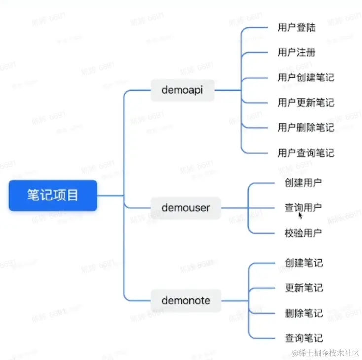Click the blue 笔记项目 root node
point(53,196)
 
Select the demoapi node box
point(182,90)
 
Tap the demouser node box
point(185,208)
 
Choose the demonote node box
point(185,300)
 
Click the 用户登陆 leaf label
point(296,27)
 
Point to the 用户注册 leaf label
point(296,52)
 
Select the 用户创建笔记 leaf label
point(306,78)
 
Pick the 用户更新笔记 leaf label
point(306,103)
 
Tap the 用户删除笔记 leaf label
point(306,128)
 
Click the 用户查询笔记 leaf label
point(306,153)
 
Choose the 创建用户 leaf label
point(303,183)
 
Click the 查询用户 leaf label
point(303,208)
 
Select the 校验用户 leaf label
point(303,233)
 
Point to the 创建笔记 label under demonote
point(303,263)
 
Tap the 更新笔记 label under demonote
point(303,288)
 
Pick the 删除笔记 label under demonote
point(303,313)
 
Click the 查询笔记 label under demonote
point(303,338)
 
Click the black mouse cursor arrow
point(300,215)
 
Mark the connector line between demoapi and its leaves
point(227,90)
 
